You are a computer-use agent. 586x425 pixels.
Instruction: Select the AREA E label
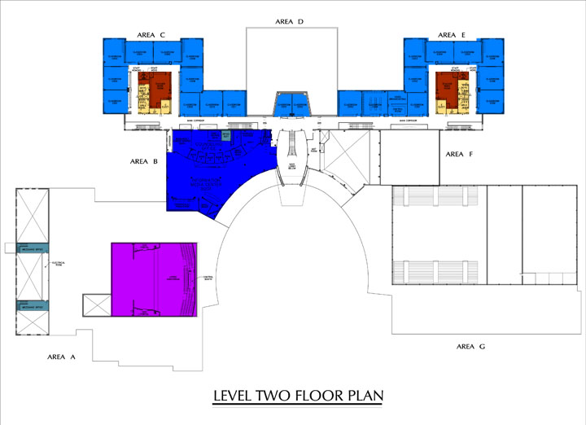[451, 35]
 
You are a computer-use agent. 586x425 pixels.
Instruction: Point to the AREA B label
[143, 161]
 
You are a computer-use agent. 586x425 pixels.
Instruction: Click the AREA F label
[459, 155]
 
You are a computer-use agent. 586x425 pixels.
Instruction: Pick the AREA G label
[470, 347]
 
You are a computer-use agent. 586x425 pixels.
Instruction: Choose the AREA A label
[62, 357]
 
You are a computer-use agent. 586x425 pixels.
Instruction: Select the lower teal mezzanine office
[33, 305]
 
